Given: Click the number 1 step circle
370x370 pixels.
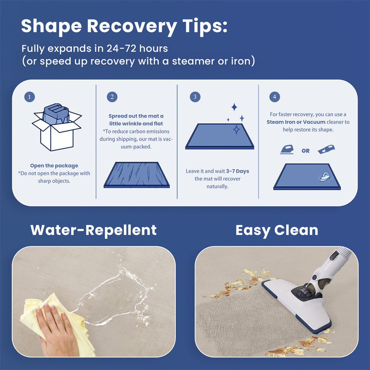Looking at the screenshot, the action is (x=30, y=97).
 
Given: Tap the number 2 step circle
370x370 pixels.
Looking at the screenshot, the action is (x=112, y=97).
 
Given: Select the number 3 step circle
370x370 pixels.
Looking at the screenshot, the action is (x=195, y=97).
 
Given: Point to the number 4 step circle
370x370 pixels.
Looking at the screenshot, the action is (x=275, y=97).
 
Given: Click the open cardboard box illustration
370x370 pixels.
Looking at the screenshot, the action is (x=57, y=127).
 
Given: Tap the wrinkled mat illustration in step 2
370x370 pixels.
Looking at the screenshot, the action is (x=137, y=175).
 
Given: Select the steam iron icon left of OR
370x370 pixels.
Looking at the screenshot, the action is (x=287, y=149).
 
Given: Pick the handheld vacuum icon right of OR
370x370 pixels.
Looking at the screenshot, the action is (x=326, y=149).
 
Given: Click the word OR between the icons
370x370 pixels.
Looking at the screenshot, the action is (x=306, y=151).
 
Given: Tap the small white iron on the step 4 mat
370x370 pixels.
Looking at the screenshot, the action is (x=325, y=176).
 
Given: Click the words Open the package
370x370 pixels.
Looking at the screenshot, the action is (x=54, y=166).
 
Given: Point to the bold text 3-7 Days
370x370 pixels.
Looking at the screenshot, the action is (x=238, y=171).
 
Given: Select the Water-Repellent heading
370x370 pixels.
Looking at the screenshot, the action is (x=94, y=230).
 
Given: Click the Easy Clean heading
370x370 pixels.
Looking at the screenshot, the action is (x=277, y=230).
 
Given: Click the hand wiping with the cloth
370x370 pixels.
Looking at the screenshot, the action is (x=57, y=330).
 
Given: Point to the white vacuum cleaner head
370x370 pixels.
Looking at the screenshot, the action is (x=297, y=305).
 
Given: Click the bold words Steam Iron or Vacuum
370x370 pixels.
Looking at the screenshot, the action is (x=296, y=122).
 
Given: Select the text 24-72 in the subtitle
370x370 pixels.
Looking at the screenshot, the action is (x=121, y=48).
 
